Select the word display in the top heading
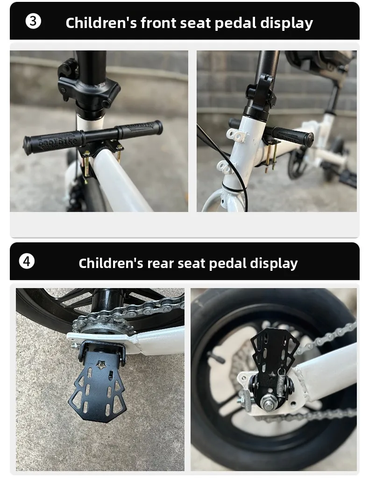point(286,23)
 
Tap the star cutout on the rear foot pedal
point(101,365)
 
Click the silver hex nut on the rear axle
point(268,402)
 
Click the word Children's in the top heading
point(101,23)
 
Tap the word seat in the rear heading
point(191,263)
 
